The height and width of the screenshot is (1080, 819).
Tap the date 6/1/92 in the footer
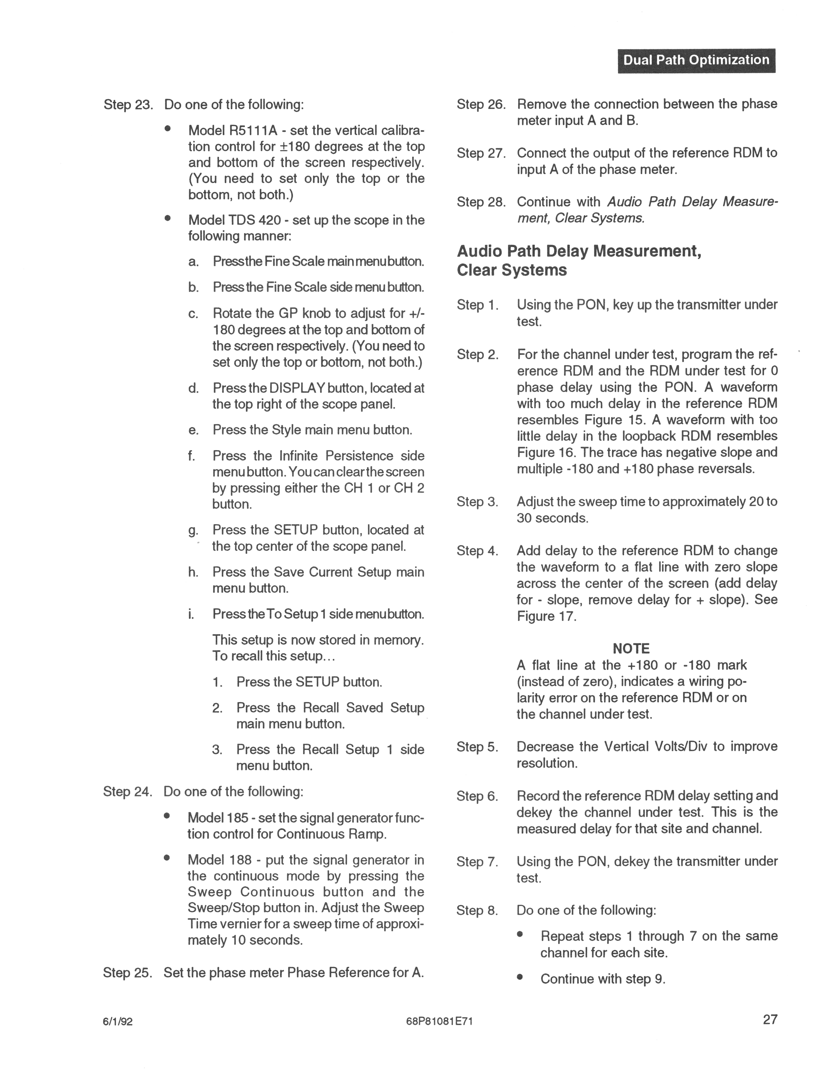pyautogui.click(x=118, y=1021)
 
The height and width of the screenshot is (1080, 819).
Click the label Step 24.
pyautogui.click(x=128, y=791)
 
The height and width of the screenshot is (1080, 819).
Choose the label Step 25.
pyautogui.click(x=128, y=973)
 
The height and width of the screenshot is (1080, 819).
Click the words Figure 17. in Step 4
pyautogui.click(x=546, y=616)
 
